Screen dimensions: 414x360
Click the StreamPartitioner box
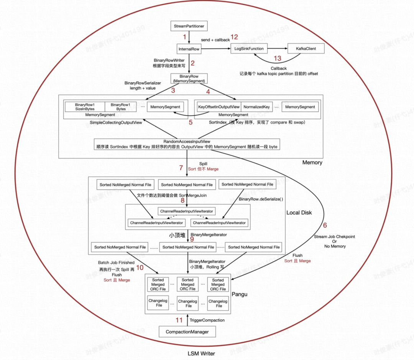click(x=189, y=26)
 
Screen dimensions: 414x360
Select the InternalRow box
click(x=189, y=49)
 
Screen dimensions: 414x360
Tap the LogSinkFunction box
click(x=249, y=49)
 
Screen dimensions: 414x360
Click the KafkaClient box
click(x=306, y=49)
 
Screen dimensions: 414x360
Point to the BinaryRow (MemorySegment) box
click(x=189, y=79)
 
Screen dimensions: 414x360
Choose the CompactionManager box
click(x=187, y=332)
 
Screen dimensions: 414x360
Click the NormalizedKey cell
click(x=256, y=107)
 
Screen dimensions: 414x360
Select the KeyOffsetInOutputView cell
click(x=219, y=107)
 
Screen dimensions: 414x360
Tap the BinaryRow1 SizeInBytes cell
click(x=85, y=107)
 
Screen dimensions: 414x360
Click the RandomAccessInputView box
click(x=187, y=144)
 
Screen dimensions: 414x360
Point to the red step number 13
click(x=278, y=58)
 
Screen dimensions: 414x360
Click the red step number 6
click(x=325, y=225)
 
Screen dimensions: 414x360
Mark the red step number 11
click(x=179, y=320)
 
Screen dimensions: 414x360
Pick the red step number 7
click(x=181, y=168)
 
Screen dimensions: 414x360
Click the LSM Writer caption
click(x=201, y=353)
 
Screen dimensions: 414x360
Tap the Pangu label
click(x=240, y=294)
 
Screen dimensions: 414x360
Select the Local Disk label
click(x=299, y=213)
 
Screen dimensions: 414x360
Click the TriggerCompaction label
click(x=207, y=320)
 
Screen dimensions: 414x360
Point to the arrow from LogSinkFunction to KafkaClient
click(x=278, y=48)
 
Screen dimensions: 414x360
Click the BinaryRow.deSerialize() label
click(x=261, y=199)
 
